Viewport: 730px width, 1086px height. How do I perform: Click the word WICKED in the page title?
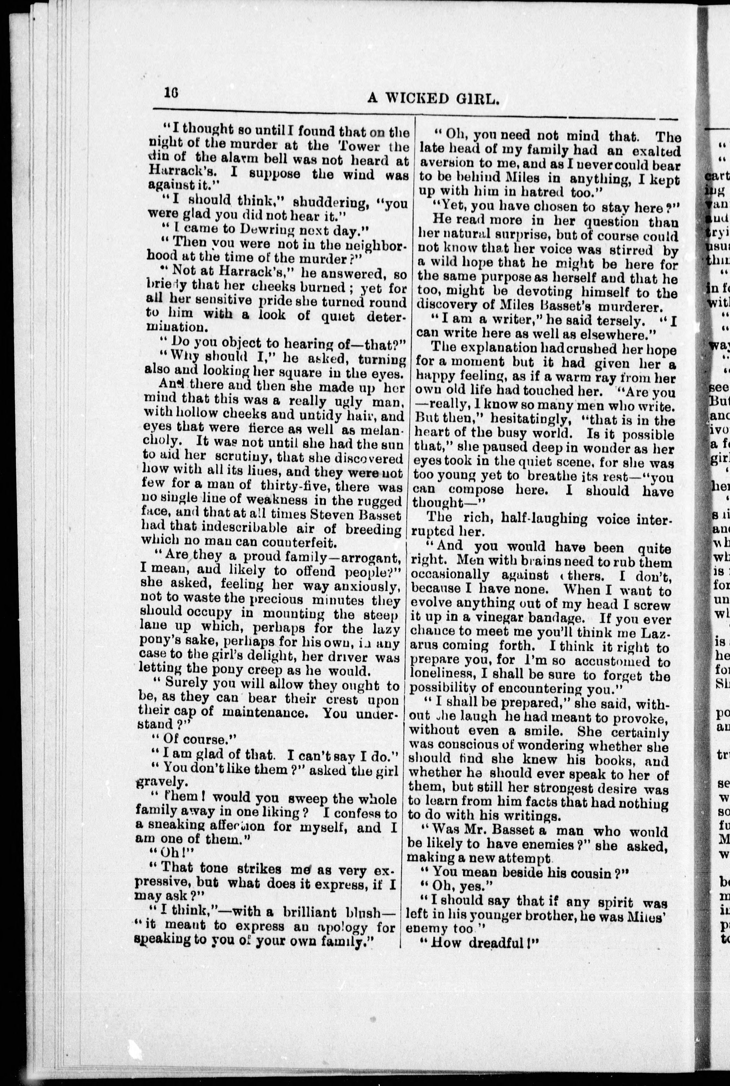[x=423, y=99]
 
